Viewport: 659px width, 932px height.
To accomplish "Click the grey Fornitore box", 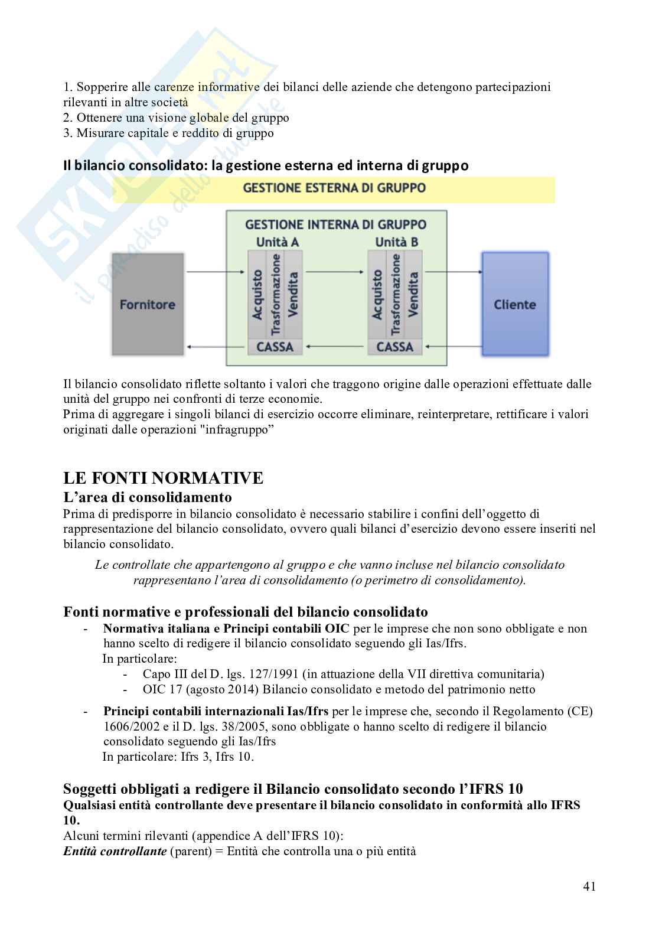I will tap(147, 305).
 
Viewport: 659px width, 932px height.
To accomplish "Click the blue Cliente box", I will tap(514, 305).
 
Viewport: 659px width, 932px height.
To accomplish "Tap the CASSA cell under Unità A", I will tap(275, 347).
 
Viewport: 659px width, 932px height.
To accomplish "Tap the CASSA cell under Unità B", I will tap(394, 347).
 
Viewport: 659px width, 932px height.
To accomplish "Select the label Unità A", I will tap(277, 242).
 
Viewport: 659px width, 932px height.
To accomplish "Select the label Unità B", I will tap(396, 242).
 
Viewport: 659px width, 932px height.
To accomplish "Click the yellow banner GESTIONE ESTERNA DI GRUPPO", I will tap(334, 189).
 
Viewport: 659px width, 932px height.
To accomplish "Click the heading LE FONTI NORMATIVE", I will tap(163, 477).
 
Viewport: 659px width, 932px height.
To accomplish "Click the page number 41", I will tap(589, 886).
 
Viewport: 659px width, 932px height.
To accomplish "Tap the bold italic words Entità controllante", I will tap(115, 851).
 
